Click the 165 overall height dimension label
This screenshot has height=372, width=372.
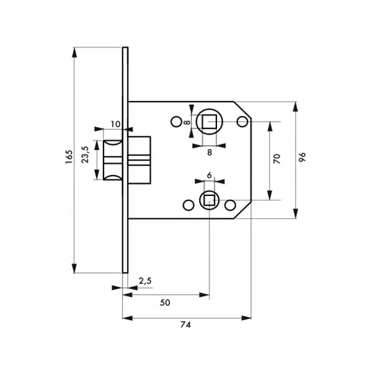coord(69,157)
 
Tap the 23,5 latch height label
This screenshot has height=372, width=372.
coord(85,154)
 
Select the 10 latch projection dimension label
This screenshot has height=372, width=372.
coord(115,124)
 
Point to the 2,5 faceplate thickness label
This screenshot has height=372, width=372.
coord(145,281)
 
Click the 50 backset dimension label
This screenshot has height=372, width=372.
coord(165,303)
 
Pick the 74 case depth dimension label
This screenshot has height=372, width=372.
coord(185,324)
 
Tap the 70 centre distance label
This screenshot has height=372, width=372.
coord(277,159)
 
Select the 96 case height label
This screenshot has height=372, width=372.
coord(303,157)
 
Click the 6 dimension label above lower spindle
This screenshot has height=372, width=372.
coord(210,175)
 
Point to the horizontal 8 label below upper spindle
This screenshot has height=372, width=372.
coord(210,153)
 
